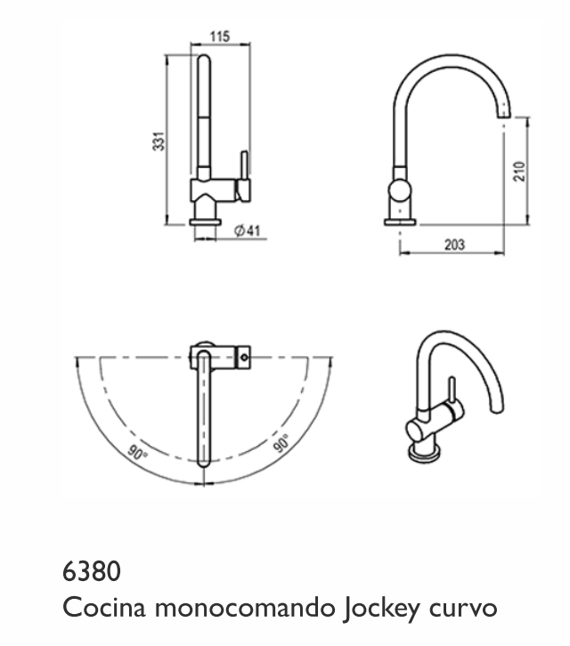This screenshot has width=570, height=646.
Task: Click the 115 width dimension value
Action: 219,36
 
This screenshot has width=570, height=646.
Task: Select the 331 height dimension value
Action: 159,141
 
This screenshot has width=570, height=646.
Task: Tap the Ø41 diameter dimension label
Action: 248,230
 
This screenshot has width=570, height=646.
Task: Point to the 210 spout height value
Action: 520,172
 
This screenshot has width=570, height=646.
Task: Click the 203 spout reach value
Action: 454,245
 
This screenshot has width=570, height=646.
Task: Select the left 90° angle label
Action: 137,452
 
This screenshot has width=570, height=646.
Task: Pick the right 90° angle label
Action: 281,442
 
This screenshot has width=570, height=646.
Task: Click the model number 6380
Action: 92,571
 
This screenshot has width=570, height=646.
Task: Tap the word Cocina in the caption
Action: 104,608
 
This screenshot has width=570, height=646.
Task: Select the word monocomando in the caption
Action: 245,608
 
